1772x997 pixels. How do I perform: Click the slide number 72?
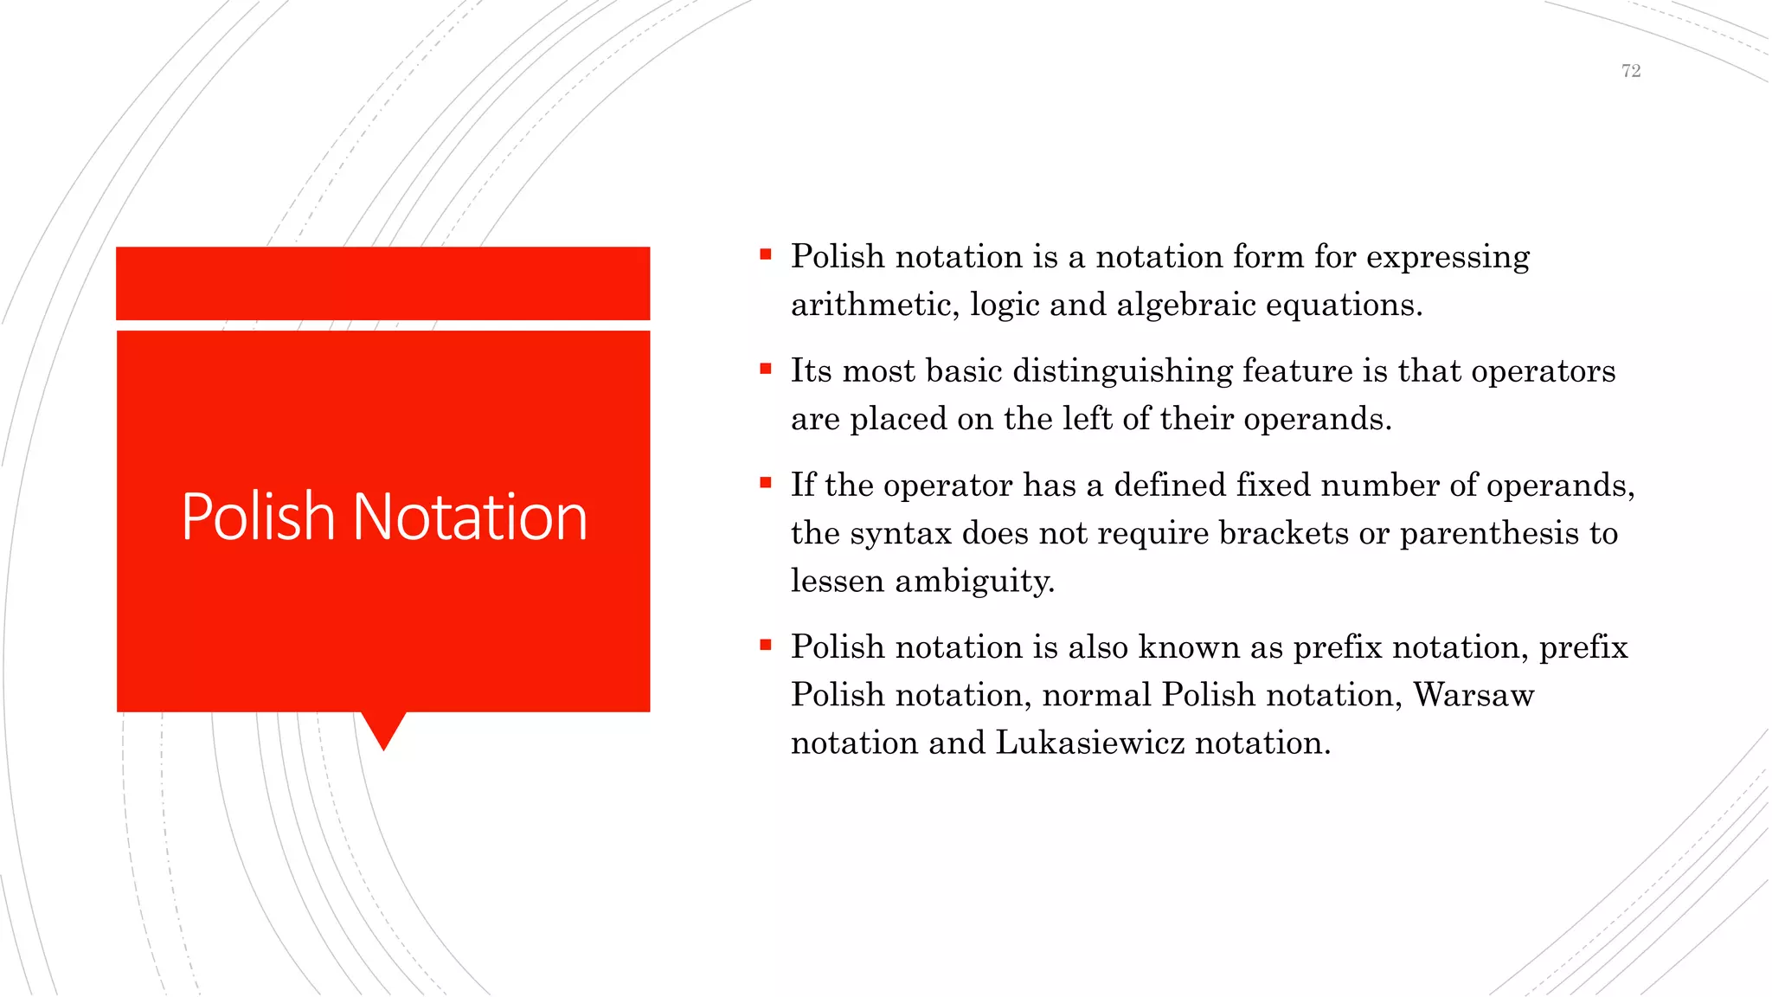1630,71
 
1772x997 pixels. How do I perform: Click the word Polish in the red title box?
258,517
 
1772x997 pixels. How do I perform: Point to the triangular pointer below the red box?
383,729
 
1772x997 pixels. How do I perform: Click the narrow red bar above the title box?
382,283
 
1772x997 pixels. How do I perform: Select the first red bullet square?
765,254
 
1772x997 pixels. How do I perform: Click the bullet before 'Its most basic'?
765,369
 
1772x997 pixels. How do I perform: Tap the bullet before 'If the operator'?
765,483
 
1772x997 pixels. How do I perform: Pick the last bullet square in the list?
765,645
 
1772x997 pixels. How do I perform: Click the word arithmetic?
875,306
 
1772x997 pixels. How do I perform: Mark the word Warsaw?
1473,695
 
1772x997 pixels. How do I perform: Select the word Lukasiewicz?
1089,743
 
